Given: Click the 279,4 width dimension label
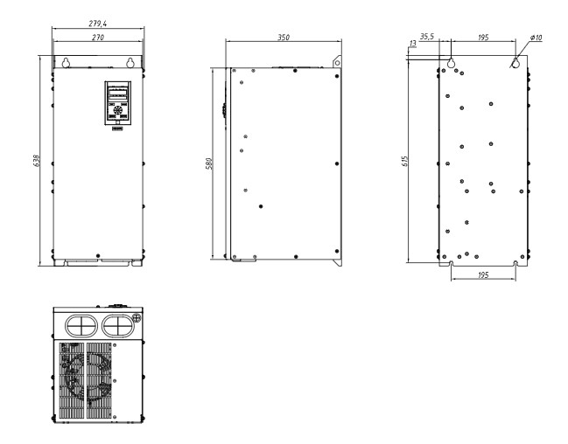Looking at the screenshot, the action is point(98,24).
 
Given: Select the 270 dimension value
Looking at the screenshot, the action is point(98,38).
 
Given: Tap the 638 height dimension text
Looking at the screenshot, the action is point(37,161).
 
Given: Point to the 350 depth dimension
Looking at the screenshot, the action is point(284,38).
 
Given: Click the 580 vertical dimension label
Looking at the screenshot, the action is point(209,163).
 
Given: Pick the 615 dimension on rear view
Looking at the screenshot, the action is point(405,161).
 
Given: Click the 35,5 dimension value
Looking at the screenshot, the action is point(427,37).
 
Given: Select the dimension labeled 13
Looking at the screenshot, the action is point(412,44).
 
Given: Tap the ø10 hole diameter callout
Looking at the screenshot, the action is point(536,38).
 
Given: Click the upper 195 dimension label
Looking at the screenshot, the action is point(483,38).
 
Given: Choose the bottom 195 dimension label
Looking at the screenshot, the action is point(483,275).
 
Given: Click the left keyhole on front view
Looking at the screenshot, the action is point(66,63).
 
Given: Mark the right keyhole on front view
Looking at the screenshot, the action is point(130,63).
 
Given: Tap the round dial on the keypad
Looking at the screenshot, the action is point(118,110).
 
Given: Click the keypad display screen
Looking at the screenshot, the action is point(118,94).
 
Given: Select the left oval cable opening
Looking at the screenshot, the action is point(81,326).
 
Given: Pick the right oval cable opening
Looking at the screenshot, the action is point(118,326).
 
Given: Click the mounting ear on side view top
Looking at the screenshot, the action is point(337,61).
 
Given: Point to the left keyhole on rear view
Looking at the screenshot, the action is point(451,63).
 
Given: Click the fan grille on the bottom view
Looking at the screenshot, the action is point(86,380).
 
